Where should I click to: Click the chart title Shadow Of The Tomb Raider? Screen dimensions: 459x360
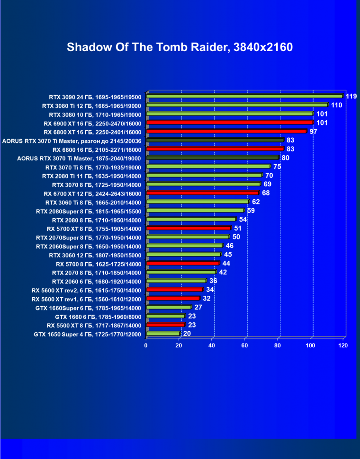(180, 47)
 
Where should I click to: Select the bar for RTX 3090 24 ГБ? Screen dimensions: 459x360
(244, 96)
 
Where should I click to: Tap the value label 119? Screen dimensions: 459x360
(351, 97)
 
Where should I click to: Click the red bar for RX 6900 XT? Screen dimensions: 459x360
(230, 123)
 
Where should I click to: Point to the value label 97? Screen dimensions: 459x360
(314, 132)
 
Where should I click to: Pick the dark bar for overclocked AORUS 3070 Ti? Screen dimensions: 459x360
(215, 140)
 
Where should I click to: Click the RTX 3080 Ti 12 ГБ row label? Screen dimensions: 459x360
(91, 106)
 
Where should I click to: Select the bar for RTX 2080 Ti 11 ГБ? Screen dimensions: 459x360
(204, 175)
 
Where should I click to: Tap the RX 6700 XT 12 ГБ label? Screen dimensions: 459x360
(92, 193)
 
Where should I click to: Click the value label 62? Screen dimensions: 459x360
(256, 202)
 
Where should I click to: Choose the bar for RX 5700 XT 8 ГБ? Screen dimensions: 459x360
(189, 228)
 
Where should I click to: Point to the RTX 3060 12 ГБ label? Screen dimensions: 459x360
(95, 255)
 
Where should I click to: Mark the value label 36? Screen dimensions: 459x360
(213, 281)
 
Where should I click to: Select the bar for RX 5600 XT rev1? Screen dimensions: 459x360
(173, 298)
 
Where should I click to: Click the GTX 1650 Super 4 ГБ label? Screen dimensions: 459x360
(88, 334)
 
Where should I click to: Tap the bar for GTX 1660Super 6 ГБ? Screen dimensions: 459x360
(169, 307)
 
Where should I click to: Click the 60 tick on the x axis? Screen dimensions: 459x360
(245, 346)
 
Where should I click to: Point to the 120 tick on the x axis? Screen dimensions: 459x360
(343, 346)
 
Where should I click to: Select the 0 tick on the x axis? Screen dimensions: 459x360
(146, 346)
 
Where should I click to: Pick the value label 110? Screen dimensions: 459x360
(336, 105)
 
